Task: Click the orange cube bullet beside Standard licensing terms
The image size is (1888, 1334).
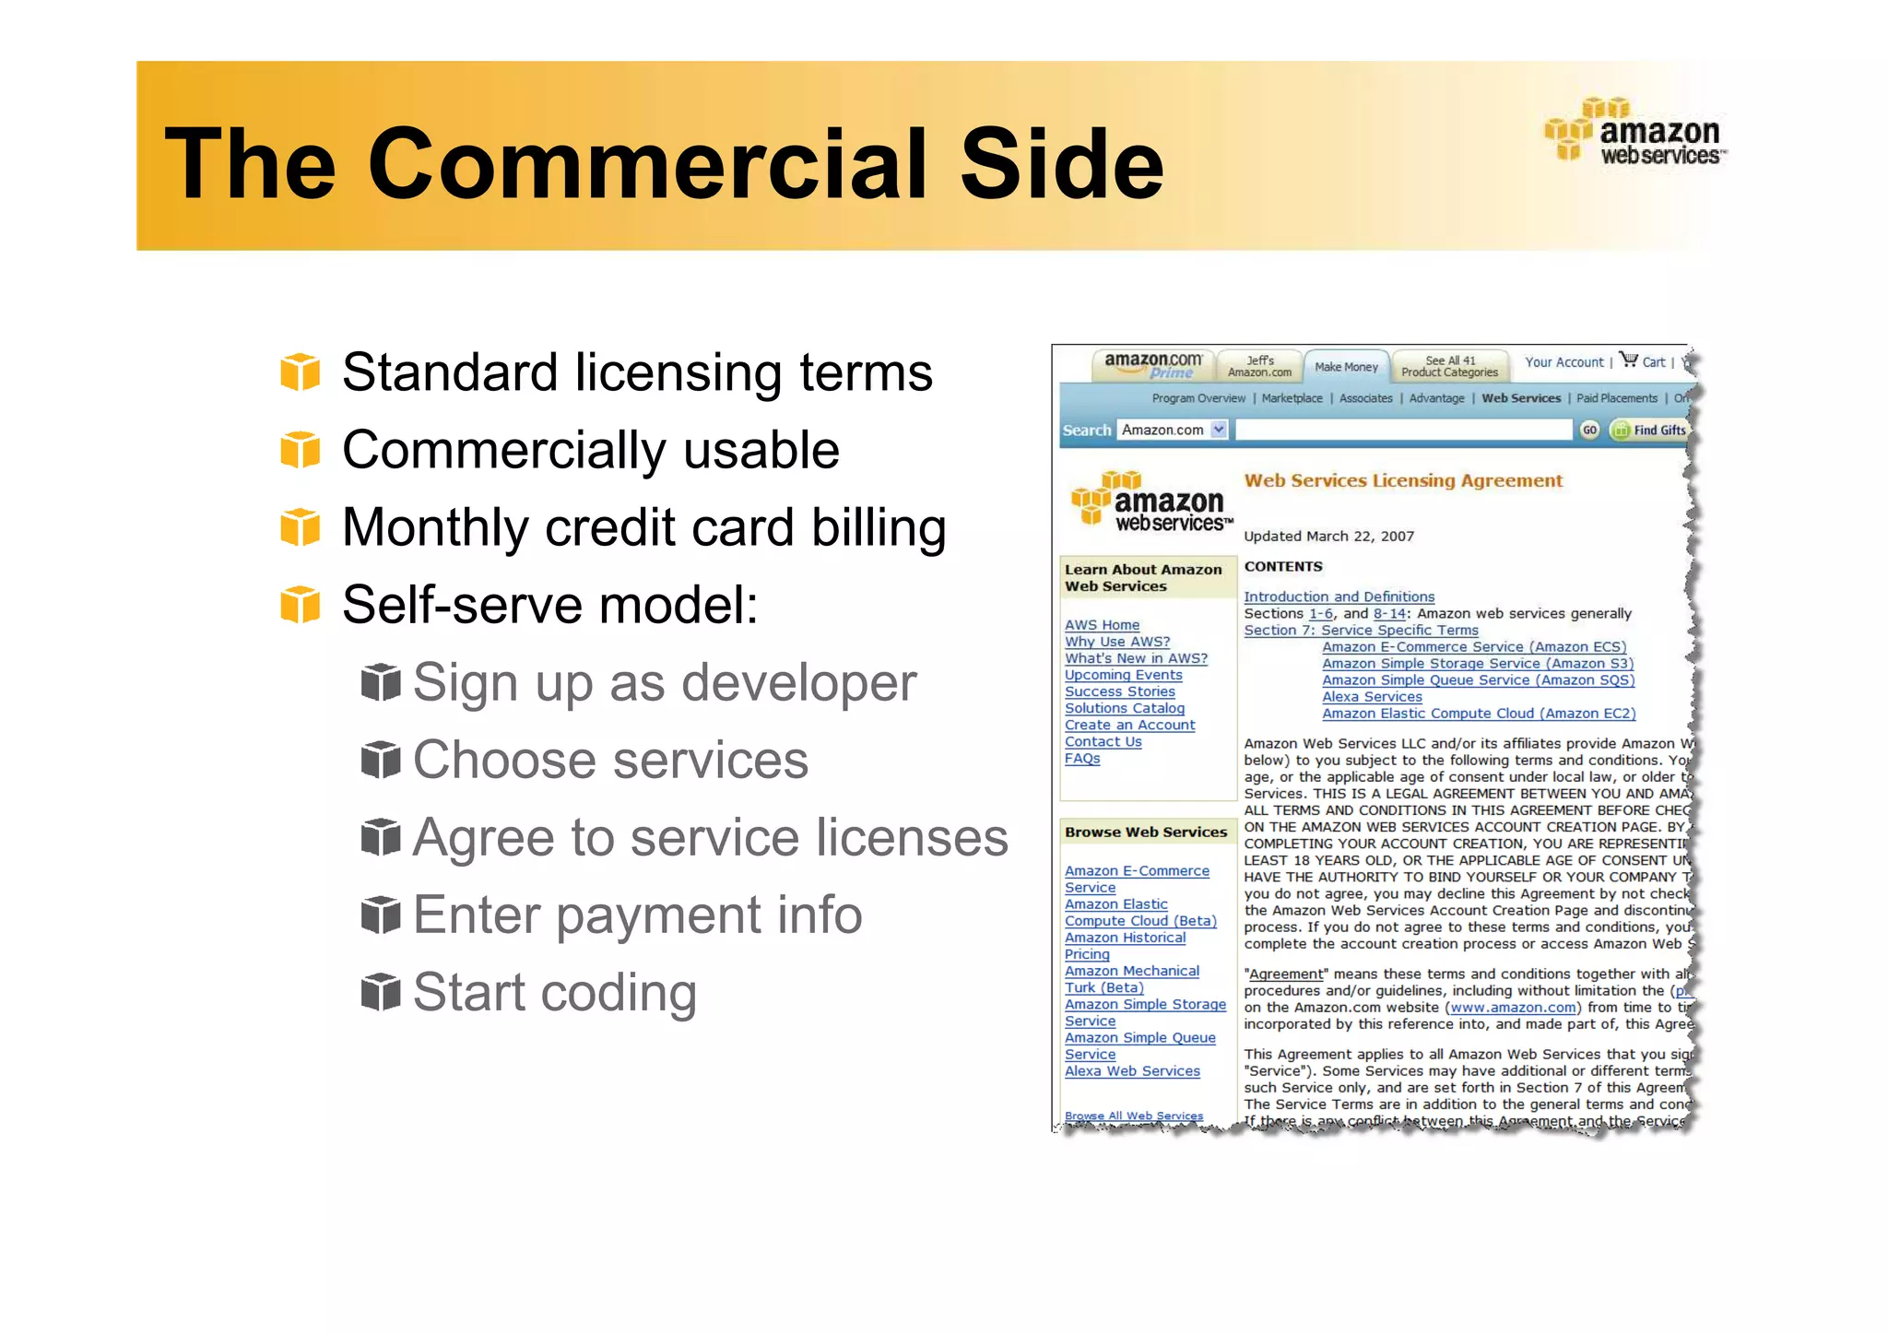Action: coord(300,372)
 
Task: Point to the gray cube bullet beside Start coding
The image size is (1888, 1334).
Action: coord(381,992)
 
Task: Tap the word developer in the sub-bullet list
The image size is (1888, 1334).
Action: coord(798,683)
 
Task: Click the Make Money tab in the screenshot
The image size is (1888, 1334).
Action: coord(1346,367)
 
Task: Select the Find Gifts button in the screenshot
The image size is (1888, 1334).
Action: coord(1650,430)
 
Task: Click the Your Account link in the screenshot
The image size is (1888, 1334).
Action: coord(1563,362)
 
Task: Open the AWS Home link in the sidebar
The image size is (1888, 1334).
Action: coord(1102,625)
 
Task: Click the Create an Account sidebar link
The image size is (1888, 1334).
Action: coord(1129,726)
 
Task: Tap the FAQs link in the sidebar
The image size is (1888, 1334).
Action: coord(1082,759)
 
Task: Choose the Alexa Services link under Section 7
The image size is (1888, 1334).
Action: coord(1372,697)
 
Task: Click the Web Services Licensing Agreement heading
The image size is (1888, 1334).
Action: coord(1403,480)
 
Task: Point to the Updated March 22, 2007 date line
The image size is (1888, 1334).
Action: coord(1328,537)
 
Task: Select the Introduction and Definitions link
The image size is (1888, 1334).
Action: coord(1339,596)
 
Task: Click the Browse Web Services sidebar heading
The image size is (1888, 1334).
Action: coord(1146,832)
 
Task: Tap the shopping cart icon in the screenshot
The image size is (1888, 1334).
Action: coord(1629,360)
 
